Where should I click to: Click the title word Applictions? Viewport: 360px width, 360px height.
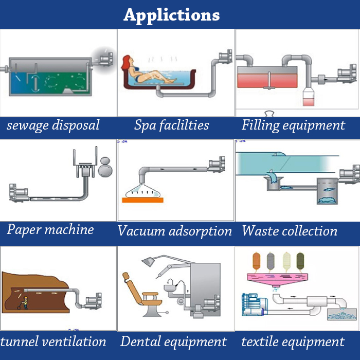tap(171, 15)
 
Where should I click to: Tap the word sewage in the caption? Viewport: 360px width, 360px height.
tap(28, 125)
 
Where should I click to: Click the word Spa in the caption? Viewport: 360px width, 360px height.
tap(144, 125)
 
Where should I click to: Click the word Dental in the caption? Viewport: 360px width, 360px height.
tap(140, 341)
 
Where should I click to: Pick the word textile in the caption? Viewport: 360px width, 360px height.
tap(260, 341)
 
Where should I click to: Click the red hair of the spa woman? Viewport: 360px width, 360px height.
tap(126, 62)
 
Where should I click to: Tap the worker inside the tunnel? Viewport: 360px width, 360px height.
tap(24, 302)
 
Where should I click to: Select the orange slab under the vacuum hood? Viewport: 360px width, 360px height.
tap(142, 200)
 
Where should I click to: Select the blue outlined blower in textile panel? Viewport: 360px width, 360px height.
tap(255, 304)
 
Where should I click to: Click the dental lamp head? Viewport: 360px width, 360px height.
tap(149, 261)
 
